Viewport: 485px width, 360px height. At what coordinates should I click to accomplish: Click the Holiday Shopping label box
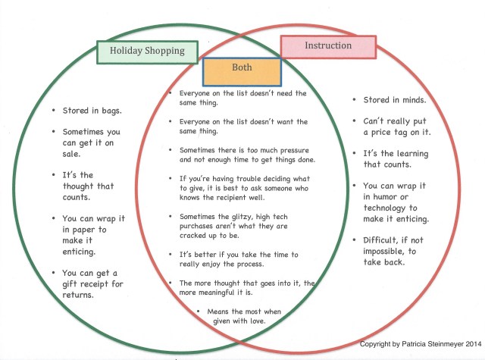pos(147,51)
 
